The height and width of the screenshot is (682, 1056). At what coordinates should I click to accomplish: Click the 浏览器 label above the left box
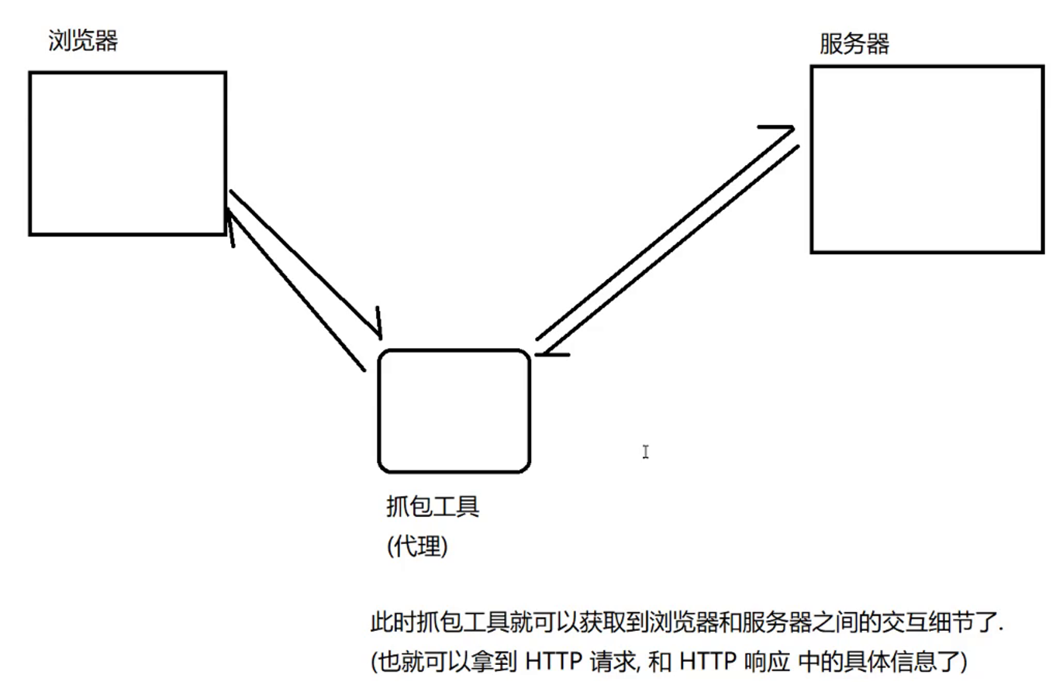point(83,40)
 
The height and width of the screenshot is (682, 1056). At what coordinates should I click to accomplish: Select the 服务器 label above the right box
point(854,43)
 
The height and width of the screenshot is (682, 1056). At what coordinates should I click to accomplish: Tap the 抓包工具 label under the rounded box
point(433,508)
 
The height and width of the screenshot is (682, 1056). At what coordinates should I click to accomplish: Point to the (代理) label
point(417,547)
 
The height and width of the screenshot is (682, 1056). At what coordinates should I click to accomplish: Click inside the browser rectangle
point(127,153)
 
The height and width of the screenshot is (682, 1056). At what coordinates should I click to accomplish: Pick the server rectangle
point(927,159)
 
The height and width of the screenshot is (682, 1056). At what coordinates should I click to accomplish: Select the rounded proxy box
point(454,411)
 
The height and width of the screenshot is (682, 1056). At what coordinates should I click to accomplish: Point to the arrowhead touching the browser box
point(229,225)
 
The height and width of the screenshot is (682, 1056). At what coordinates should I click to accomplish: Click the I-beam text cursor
point(645,451)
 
